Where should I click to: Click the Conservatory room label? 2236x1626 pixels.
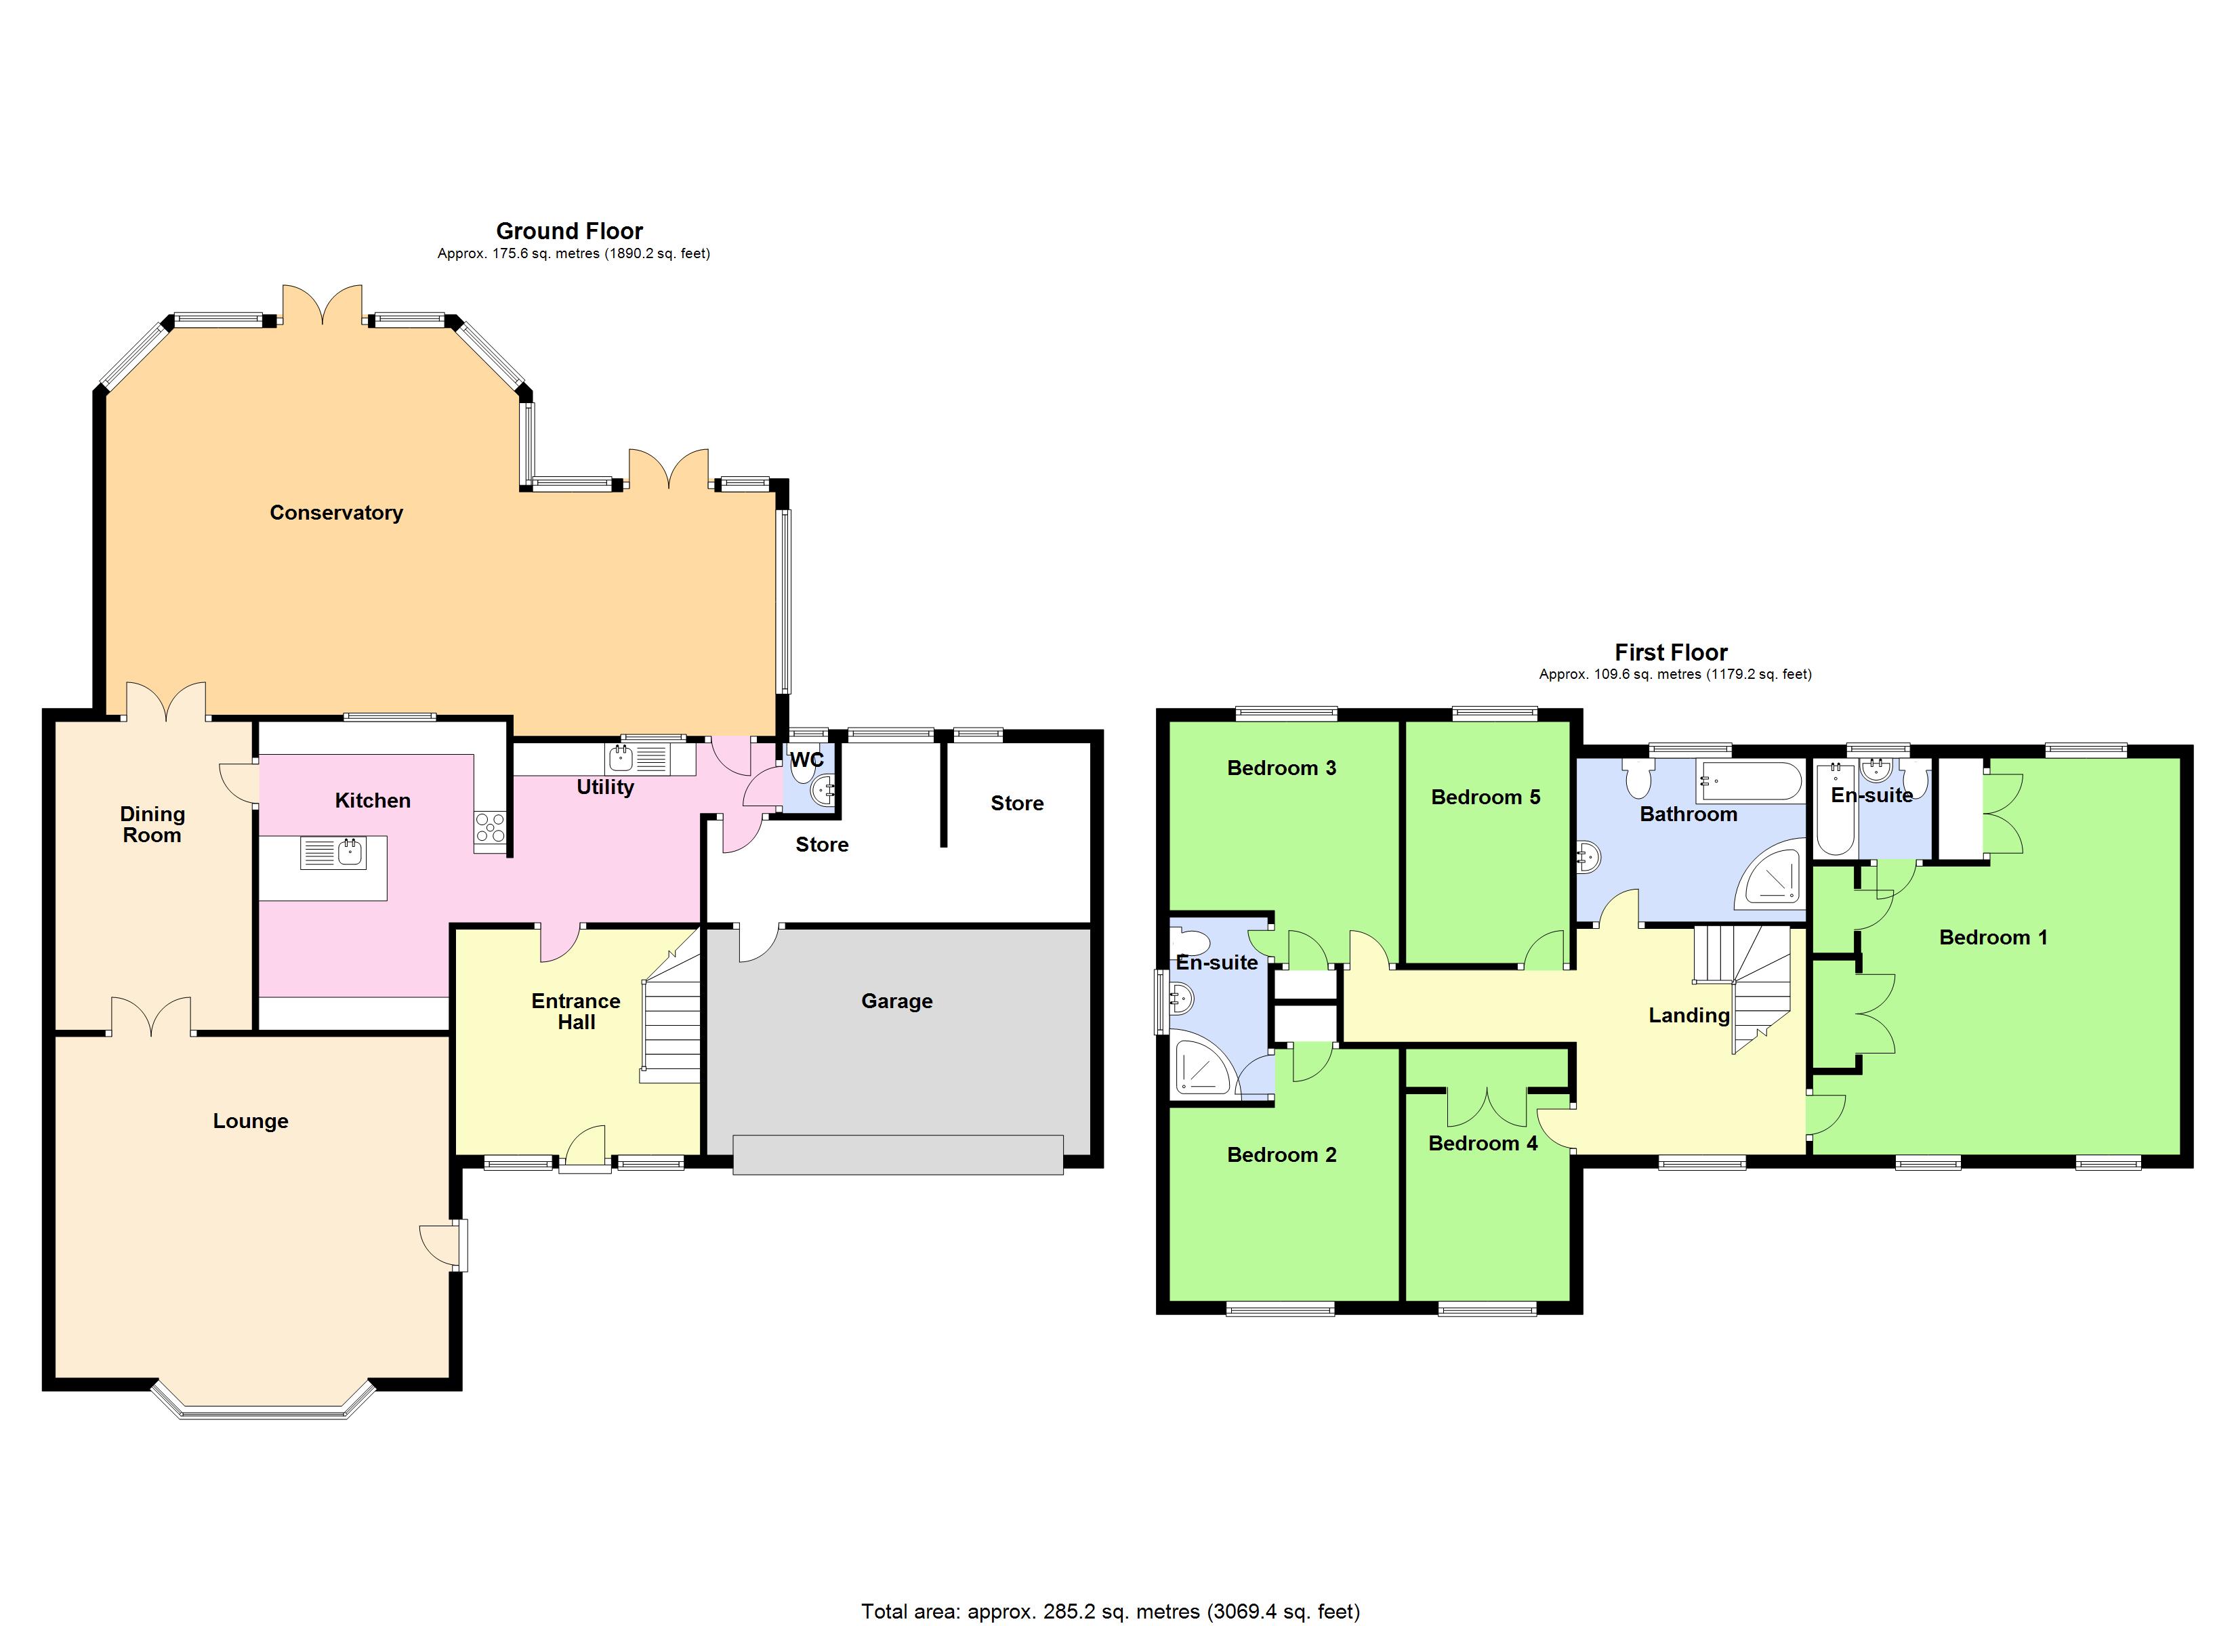(x=336, y=513)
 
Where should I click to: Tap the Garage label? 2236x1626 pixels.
(x=896, y=1001)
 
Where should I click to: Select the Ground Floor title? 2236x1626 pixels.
(x=569, y=231)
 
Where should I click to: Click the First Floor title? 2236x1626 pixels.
(x=1670, y=652)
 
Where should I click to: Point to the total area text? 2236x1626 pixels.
(x=1110, y=1611)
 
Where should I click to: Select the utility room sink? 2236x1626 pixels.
(x=621, y=758)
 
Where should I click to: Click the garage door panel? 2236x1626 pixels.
(x=897, y=1154)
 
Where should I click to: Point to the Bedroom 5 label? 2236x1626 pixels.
(x=1485, y=797)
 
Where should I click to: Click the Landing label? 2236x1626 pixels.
(x=1689, y=1015)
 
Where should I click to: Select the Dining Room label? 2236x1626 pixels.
(x=152, y=825)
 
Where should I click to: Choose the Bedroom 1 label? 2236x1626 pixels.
(x=1993, y=937)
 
